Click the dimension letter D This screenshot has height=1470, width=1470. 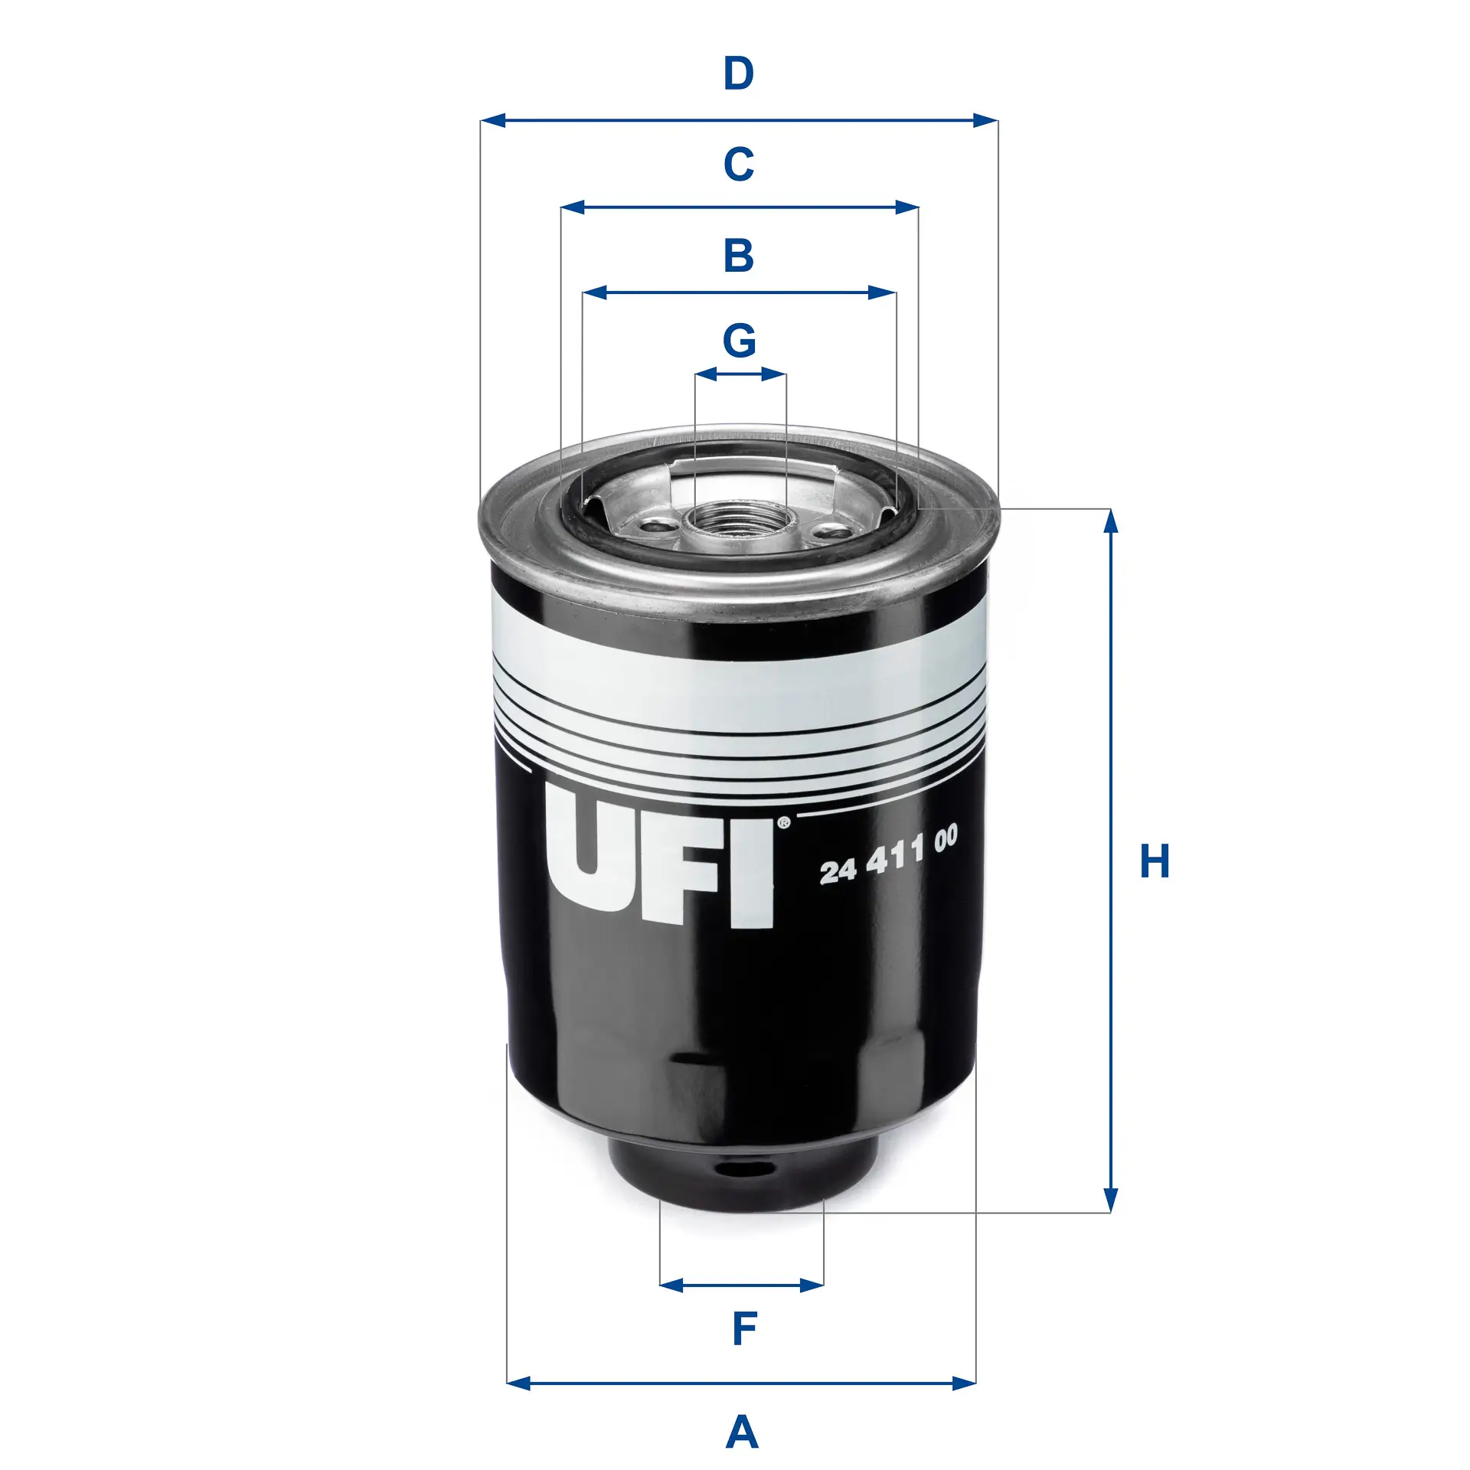click(739, 74)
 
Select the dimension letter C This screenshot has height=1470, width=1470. click(739, 164)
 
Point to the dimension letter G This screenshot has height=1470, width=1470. click(740, 341)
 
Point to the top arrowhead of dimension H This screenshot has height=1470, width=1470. click(1111, 521)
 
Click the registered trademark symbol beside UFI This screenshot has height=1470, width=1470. click(783, 824)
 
